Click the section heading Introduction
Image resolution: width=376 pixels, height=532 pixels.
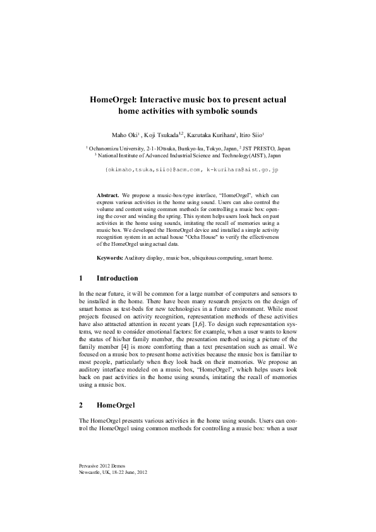(x=117, y=278)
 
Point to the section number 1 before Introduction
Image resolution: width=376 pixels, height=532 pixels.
(x=81, y=278)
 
